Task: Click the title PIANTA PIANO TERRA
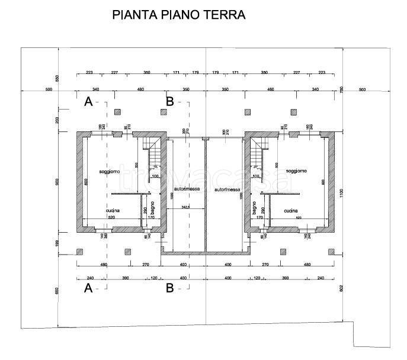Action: pos(178,15)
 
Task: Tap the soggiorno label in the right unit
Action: pos(296,172)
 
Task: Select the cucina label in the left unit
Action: pos(114,211)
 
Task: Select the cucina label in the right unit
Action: pos(290,211)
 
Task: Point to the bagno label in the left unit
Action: pos(153,209)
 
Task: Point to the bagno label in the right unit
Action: pos(253,209)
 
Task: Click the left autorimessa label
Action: pos(187,189)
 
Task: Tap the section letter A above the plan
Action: pos(88,102)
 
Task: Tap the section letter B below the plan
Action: pos(169,289)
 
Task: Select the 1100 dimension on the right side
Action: pos(342,192)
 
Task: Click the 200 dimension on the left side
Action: pos(58,120)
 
